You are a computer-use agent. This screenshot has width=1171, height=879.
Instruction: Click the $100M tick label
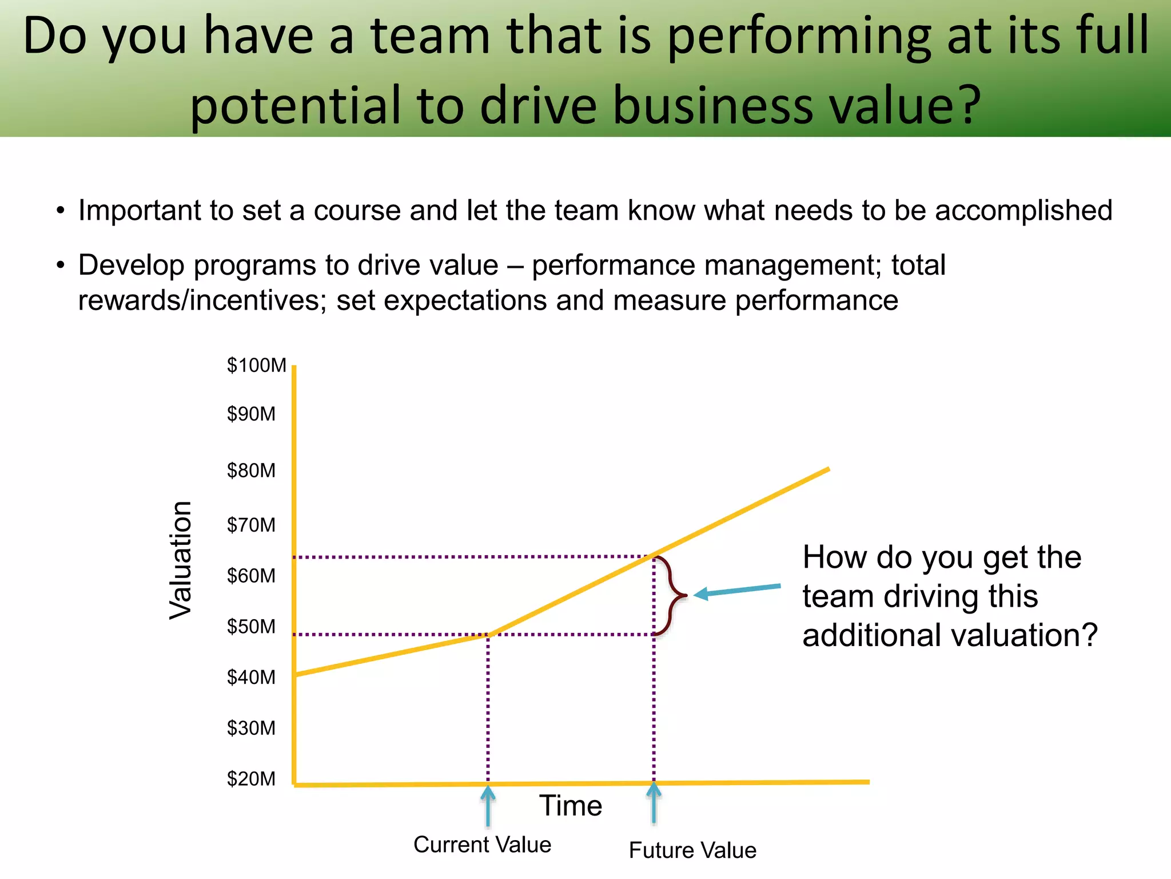pyautogui.click(x=256, y=365)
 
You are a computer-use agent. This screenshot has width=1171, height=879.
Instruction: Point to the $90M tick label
pyautogui.click(x=251, y=414)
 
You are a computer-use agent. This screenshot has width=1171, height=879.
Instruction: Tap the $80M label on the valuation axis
pyautogui.click(x=251, y=470)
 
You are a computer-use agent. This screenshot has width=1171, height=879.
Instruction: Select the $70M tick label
pyautogui.click(x=251, y=525)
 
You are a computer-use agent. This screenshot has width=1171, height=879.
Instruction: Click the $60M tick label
pyautogui.click(x=251, y=576)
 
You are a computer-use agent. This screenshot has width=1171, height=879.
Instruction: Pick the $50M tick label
pyautogui.click(x=251, y=627)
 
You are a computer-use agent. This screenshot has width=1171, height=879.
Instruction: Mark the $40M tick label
pyautogui.click(x=251, y=678)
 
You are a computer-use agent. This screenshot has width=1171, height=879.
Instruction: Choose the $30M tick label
pyautogui.click(x=251, y=728)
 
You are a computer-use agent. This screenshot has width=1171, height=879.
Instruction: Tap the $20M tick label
pyautogui.click(x=251, y=779)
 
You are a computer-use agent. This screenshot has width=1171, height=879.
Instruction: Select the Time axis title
pyautogui.click(x=571, y=806)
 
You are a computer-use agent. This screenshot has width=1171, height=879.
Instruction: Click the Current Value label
pyautogui.click(x=482, y=845)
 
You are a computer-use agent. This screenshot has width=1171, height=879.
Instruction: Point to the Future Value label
pyautogui.click(x=692, y=850)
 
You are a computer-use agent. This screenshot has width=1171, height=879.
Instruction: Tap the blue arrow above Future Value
pyautogui.click(x=654, y=802)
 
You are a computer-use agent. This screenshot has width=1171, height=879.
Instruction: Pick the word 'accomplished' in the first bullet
pyautogui.click(x=1023, y=211)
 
